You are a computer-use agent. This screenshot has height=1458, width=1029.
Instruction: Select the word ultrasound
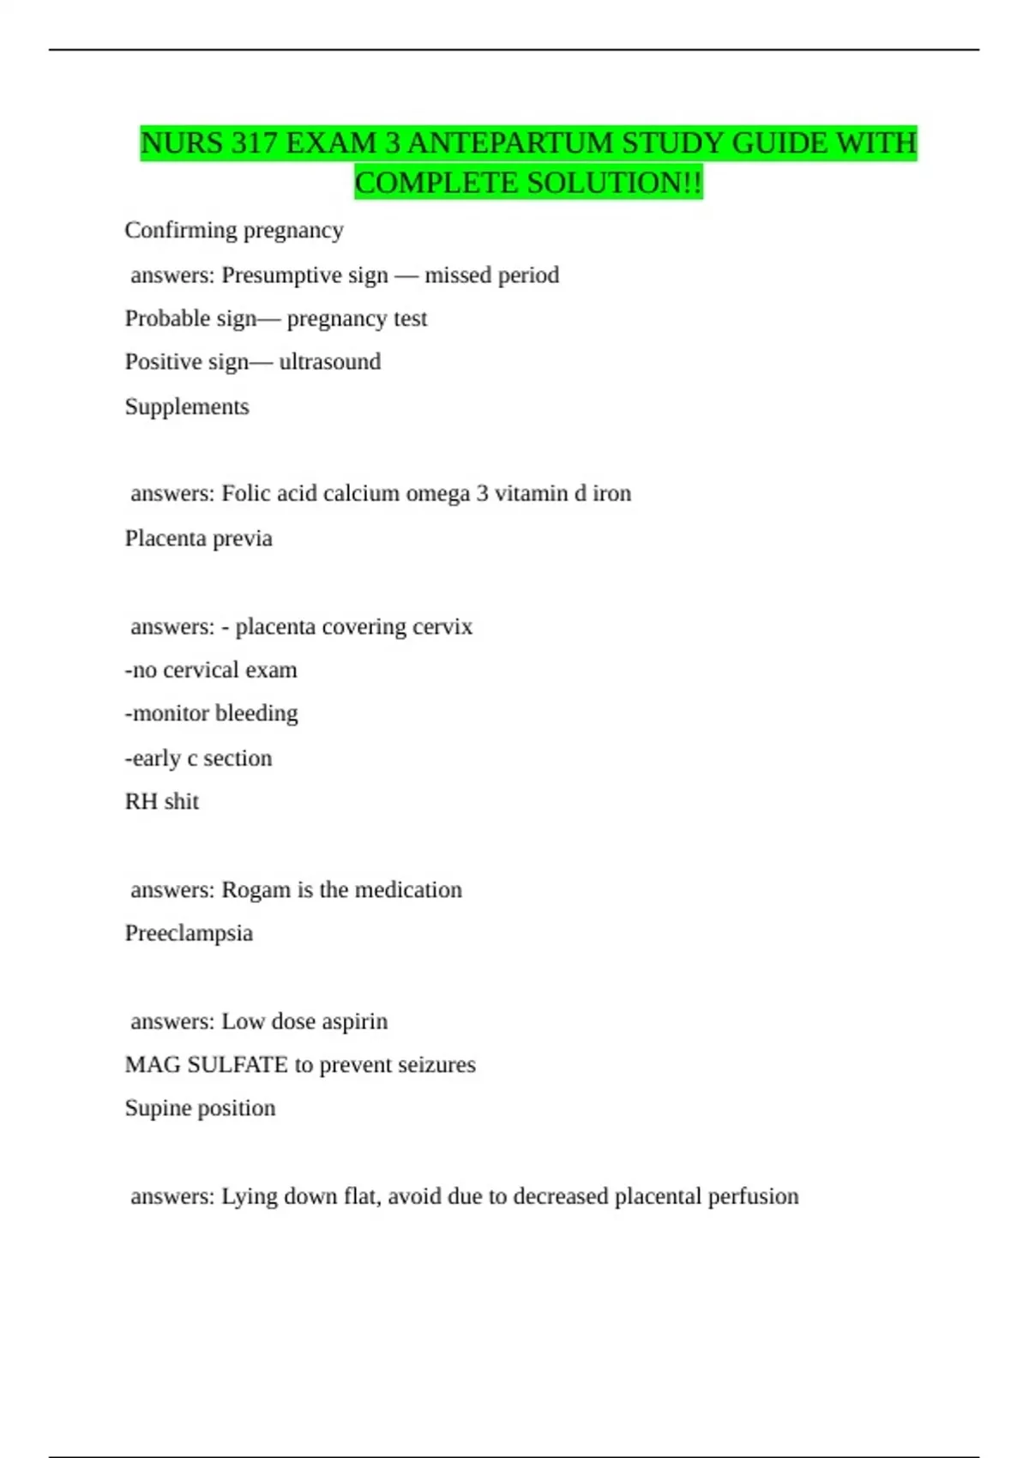click(x=329, y=362)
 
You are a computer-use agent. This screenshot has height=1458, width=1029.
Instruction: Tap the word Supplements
click(x=187, y=407)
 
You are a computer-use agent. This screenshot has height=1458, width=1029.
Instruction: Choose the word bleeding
click(x=256, y=714)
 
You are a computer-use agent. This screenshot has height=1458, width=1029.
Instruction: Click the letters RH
click(x=141, y=802)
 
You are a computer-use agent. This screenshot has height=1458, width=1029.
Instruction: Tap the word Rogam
click(x=256, y=890)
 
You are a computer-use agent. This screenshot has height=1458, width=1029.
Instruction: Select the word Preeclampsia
click(x=189, y=933)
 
